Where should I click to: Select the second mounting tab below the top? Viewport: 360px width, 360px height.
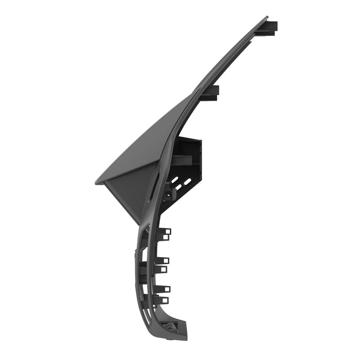pyautogui.click(x=211, y=92)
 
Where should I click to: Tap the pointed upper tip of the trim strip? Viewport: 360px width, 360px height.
pyautogui.click(x=266, y=19)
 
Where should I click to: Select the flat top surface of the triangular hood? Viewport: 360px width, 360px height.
pyautogui.click(x=149, y=144)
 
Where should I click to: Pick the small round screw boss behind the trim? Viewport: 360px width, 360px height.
pyautogui.click(x=168, y=194)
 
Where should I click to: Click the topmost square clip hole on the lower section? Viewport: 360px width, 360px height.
pyautogui.click(x=167, y=231)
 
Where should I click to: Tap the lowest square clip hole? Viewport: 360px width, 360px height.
pyautogui.click(x=165, y=300)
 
